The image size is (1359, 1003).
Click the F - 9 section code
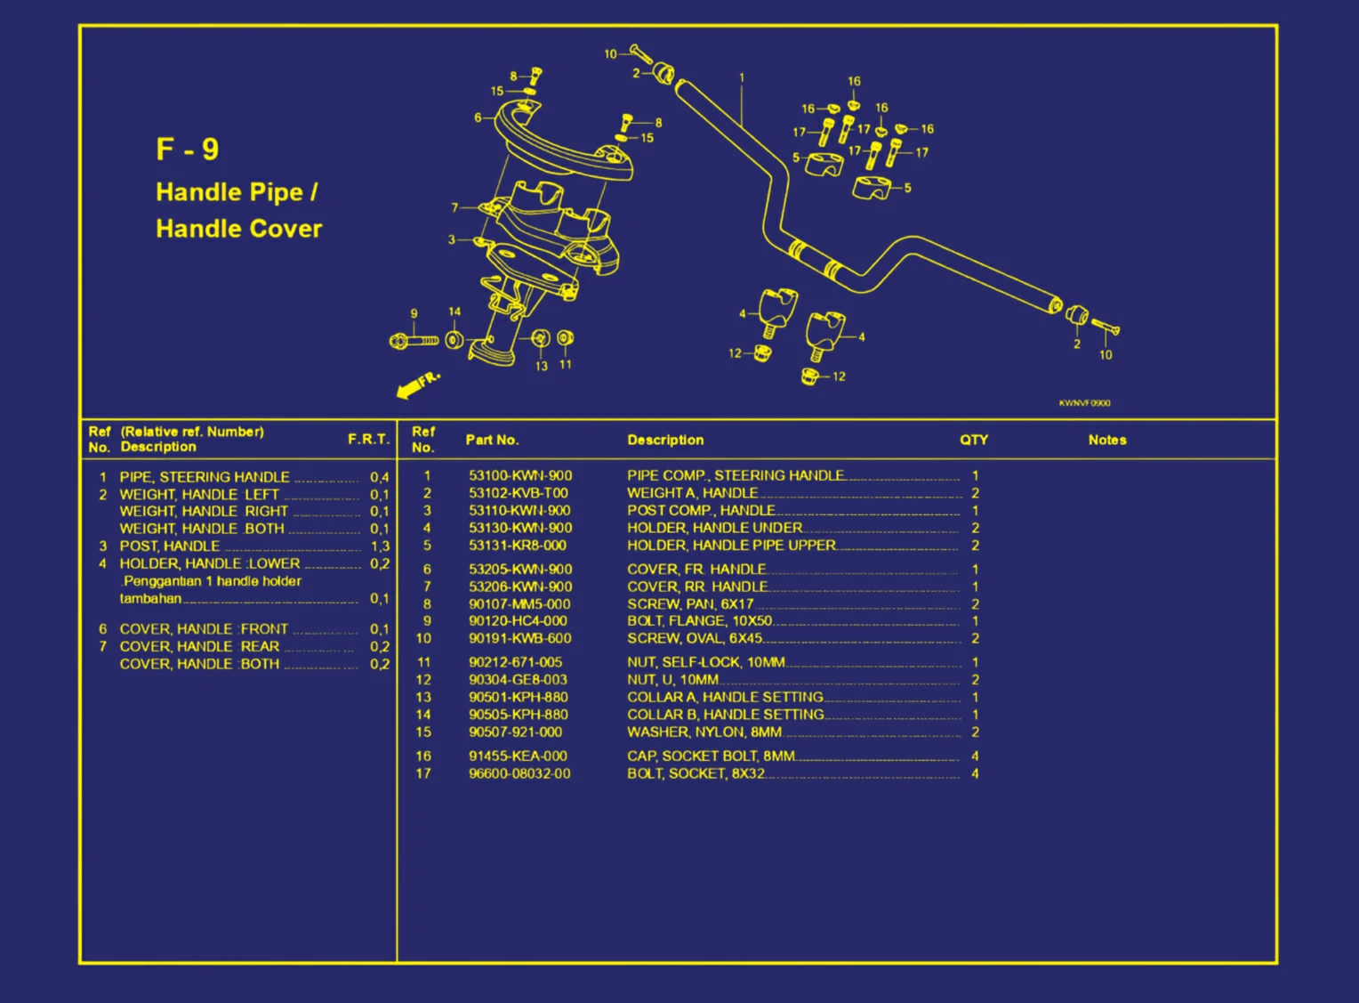click(187, 149)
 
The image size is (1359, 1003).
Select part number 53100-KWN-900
click(520, 475)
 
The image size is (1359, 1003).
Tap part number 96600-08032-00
click(519, 773)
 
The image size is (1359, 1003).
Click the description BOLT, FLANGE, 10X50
click(699, 621)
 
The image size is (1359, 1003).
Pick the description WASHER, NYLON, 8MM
click(704, 732)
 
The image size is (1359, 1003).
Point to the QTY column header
click(973, 440)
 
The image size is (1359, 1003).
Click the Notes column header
click(1106, 440)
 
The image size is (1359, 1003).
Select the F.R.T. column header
click(368, 439)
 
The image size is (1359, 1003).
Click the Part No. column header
click(492, 440)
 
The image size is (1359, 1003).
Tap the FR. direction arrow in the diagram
click(416, 385)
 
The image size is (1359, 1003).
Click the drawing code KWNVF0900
click(1084, 403)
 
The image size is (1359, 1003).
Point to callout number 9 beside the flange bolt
click(414, 313)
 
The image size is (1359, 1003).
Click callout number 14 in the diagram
click(454, 311)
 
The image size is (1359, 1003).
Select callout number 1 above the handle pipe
click(742, 77)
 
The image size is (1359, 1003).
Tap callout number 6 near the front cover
click(478, 117)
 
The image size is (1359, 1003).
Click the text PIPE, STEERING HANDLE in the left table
click(205, 477)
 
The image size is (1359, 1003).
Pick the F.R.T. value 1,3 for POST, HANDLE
click(380, 546)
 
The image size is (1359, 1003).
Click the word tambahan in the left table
click(150, 599)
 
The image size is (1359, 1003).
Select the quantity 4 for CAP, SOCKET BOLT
click(975, 756)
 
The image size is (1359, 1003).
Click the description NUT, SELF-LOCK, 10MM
click(705, 662)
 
